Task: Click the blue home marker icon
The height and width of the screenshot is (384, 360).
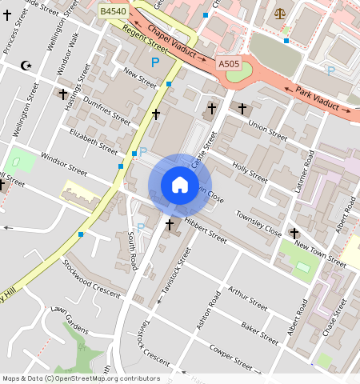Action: click(x=180, y=186)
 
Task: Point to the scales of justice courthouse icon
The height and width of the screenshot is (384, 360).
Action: click(x=279, y=13)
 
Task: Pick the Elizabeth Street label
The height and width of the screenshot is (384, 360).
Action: click(x=93, y=138)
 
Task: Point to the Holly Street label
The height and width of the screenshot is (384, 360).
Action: click(x=249, y=170)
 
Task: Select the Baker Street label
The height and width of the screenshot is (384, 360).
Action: click(x=259, y=328)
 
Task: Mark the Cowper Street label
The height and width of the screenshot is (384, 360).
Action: click(x=231, y=358)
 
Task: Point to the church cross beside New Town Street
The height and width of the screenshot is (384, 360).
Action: click(x=294, y=233)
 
